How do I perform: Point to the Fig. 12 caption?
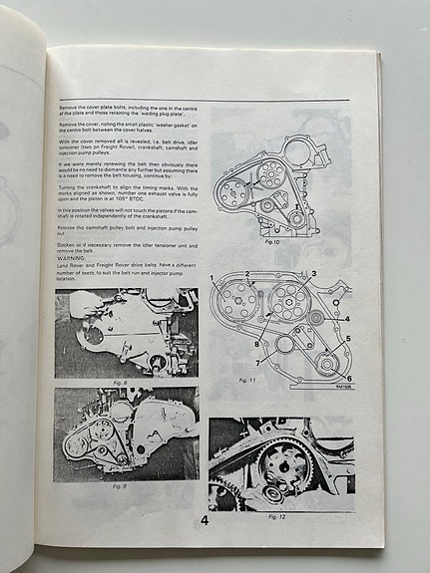coord(277,516)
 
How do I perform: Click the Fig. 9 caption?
coord(119,485)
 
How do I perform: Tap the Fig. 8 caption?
coord(119,381)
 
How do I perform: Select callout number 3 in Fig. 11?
coord(313,272)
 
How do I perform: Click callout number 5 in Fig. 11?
coord(348,339)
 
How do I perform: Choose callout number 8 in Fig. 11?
coord(255,344)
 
